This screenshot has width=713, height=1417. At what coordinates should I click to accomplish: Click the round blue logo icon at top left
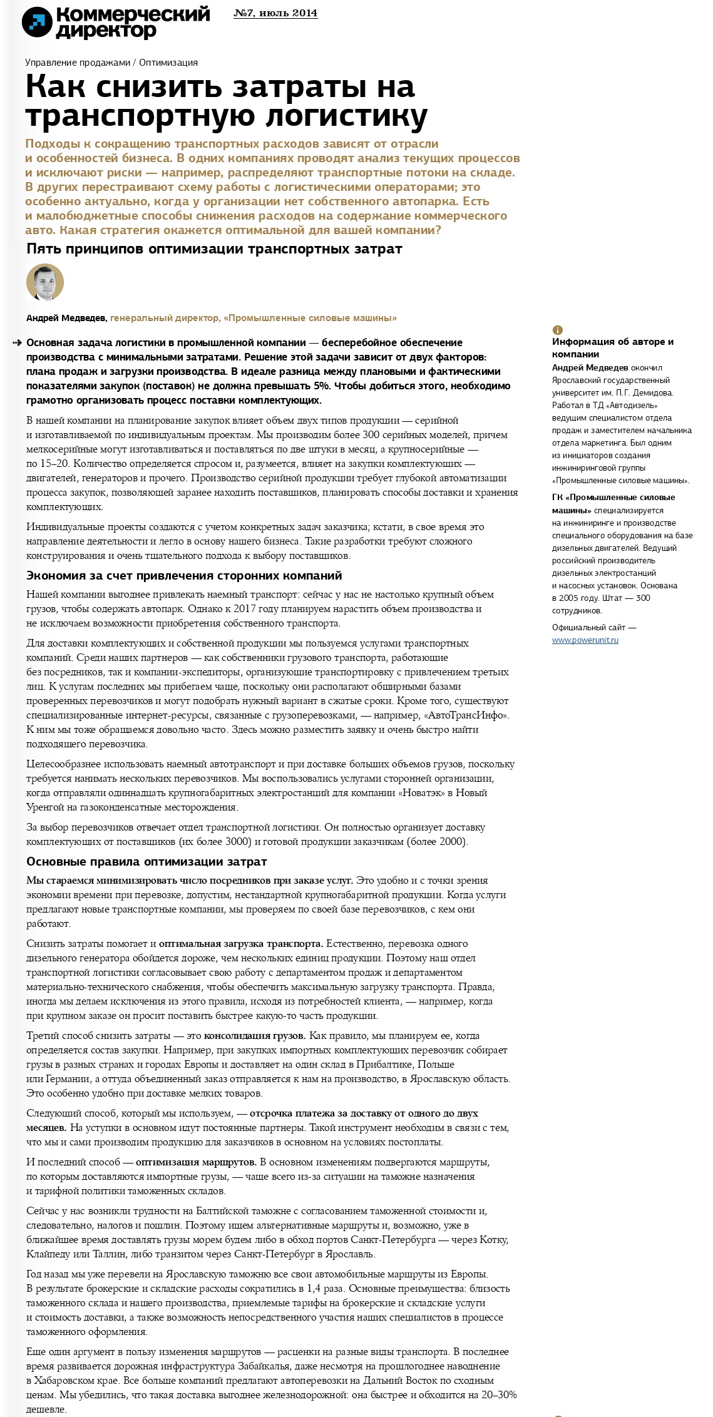[37, 23]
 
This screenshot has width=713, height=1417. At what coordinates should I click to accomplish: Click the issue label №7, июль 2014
[275, 13]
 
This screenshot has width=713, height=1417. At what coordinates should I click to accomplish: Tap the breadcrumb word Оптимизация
[168, 63]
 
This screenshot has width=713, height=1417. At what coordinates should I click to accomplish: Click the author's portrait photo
[45, 282]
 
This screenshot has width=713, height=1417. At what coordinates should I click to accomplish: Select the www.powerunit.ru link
[585, 640]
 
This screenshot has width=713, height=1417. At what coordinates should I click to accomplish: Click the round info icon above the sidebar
[557, 330]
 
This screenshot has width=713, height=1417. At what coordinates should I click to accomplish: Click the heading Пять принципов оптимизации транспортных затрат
[214, 249]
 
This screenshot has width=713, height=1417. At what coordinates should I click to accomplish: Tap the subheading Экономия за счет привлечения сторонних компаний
[184, 575]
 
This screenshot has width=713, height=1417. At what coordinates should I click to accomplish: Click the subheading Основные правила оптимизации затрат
[146, 862]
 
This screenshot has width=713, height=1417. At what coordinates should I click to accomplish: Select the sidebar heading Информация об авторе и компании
[612, 347]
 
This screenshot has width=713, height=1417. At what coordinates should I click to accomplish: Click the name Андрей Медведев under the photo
[66, 318]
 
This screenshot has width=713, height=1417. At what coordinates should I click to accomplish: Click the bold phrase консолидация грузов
[255, 1036]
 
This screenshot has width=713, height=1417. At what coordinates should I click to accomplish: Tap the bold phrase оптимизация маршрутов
[196, 1162]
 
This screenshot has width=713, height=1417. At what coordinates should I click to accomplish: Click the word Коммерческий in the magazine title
[133, 14]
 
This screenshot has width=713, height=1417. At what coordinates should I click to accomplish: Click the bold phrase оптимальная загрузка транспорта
[241, 944]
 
